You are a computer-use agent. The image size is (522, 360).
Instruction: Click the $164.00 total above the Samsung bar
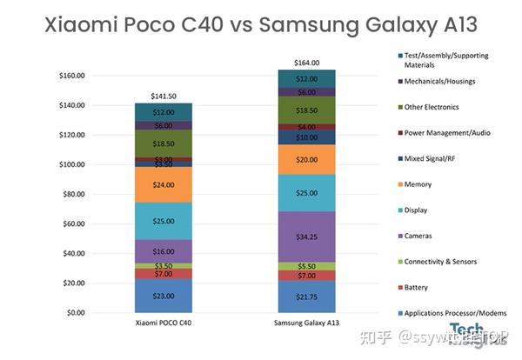coord(306,63)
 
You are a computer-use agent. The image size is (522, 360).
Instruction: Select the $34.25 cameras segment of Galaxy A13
coord(306,237)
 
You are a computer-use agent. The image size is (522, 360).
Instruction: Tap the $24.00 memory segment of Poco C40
coord(164,185)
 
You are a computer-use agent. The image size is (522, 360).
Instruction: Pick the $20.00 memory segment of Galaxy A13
coord(306,160)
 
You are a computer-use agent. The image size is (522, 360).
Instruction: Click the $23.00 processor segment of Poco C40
coord(164,296)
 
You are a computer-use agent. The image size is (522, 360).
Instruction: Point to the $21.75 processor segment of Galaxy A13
coord(306,297)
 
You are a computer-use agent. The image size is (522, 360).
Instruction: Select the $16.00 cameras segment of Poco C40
coord(164,251)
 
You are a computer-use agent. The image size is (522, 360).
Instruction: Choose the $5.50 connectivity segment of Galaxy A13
coord(306,266)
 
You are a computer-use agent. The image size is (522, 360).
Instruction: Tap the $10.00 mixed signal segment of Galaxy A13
coord(306,137)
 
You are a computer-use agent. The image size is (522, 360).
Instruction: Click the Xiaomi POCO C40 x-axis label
coord(164,323)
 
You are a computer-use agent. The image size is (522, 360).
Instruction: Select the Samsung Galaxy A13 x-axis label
coord(306,323)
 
